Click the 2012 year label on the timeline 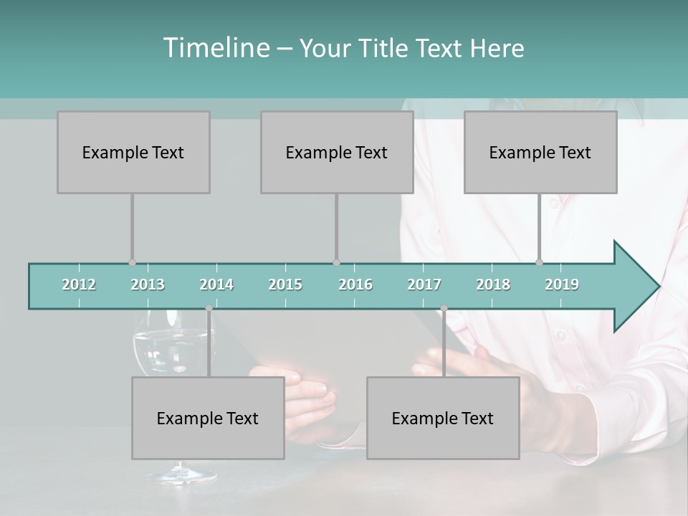(x=79, y=285)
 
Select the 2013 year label (x=148, y=285)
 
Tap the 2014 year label (x=216, y=285)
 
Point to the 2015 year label (x=285, y=285)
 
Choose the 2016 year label (x=355, y=285)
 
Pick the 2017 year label (x=424, y=285)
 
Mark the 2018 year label (x=493, y=285)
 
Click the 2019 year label (x=562, y=285)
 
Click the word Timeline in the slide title (x=215, y=48)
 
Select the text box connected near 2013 (x=133, y=152)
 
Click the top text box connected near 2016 (x=337, y=152)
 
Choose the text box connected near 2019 (x=540, y=152)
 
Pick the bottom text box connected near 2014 (x=208, y=418)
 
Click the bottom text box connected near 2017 (x=443, y=418)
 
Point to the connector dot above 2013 (x=132, y=262)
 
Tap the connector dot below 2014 (x=209, y=308)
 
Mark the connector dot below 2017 (x=444, y=308)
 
